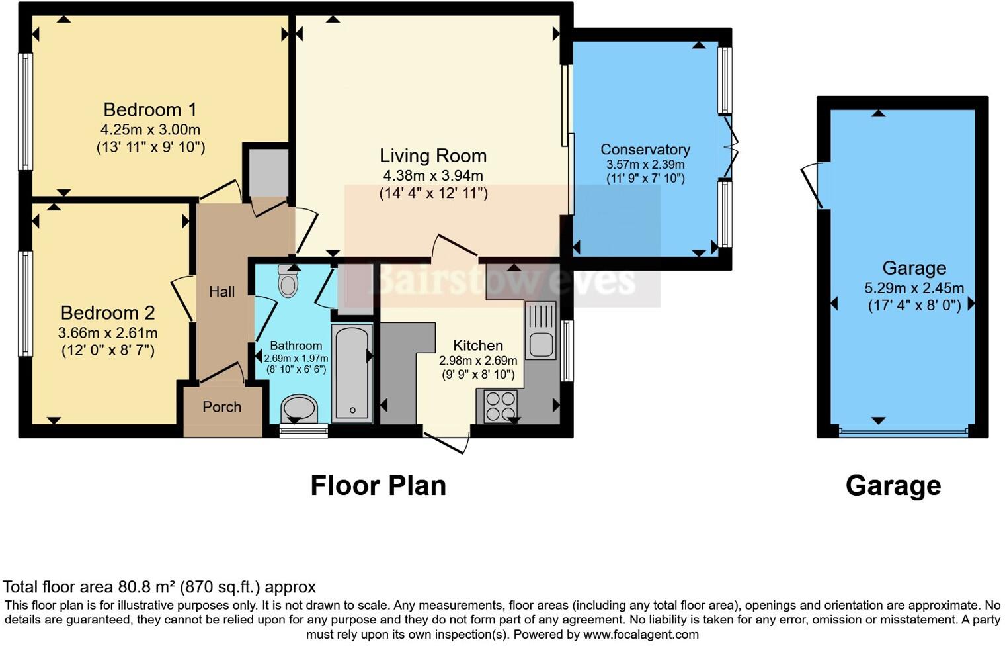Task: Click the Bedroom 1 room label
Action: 150,109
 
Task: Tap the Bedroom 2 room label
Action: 108,312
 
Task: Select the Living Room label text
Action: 433,156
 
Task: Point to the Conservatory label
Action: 645,150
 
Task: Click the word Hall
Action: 221,291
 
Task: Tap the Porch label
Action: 221,407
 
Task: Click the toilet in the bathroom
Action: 288,281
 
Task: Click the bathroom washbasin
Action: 299,408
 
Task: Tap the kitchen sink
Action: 542,344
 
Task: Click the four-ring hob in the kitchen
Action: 501,406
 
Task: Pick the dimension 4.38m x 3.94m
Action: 433,176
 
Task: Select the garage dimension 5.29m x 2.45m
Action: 914,289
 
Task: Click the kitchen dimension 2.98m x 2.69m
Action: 477,361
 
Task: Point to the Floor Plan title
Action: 378,485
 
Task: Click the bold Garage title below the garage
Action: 893,485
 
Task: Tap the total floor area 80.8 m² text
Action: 159,587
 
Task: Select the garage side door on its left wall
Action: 812,185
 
